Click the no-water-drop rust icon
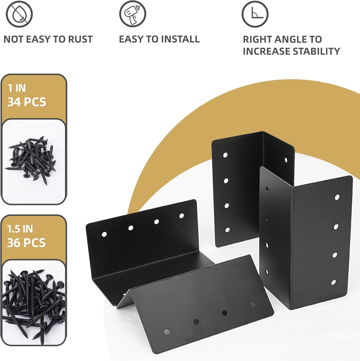pos(19,14)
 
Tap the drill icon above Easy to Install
pos(133,14)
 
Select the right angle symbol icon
pos(255,14)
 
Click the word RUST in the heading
pos(80,39)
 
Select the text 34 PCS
pos(27,102)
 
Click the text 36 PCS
pos(27,243)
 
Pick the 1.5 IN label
pos(20,229)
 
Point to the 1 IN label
pos(17,88)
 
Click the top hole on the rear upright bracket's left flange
pos(226,155)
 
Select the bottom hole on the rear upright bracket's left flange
pos(227,230)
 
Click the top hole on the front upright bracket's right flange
pos(337,197)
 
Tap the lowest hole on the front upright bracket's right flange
pos(333,282)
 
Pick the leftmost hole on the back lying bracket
pos(104,234)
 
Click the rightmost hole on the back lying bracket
pos(182,216)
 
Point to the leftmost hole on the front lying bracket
pos(167,332)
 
